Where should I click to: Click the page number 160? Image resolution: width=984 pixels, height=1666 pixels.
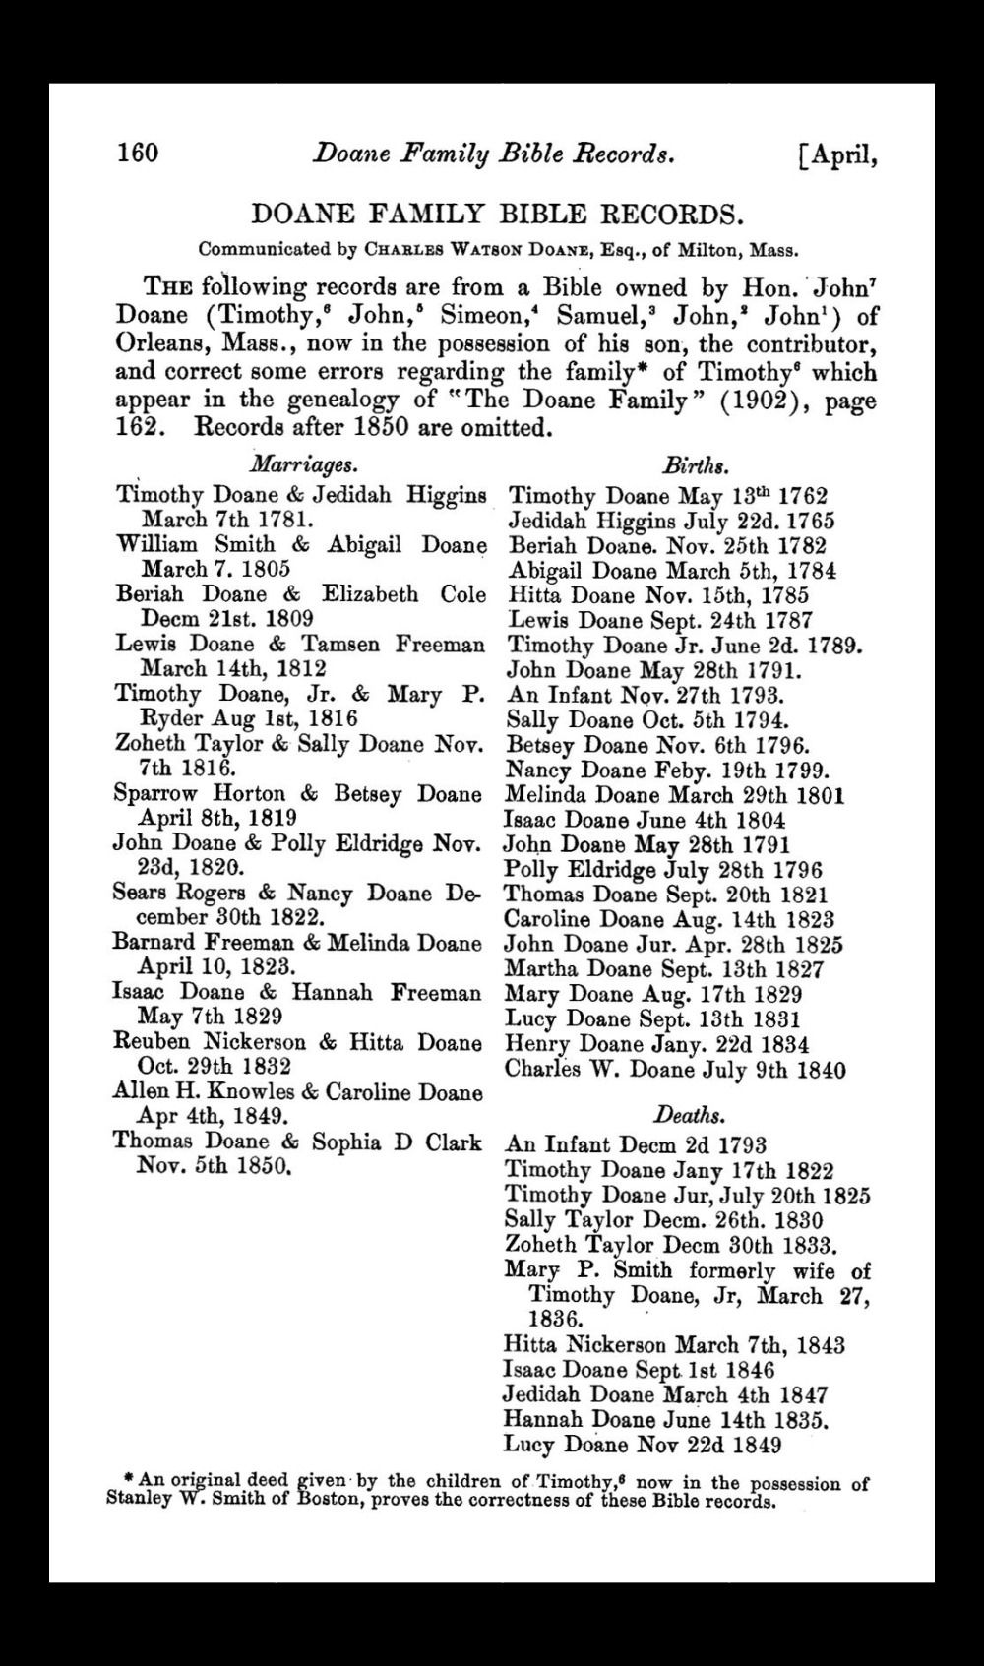click(x=138, y=154)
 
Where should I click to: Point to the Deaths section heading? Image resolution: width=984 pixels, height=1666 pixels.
click(x=690, y=1115)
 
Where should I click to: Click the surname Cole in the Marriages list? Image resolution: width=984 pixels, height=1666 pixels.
click(x=463, y=594)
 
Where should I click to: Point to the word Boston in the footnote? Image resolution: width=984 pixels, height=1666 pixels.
click(x=328, y=1503)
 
